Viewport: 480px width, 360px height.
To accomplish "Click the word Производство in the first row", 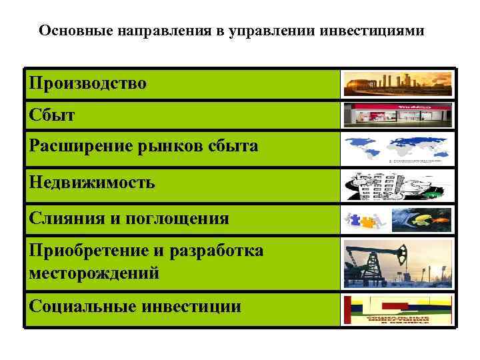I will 87,84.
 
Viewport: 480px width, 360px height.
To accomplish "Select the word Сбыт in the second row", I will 52,115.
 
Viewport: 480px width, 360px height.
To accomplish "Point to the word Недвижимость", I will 92,182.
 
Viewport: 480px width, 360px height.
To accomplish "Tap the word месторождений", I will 94,273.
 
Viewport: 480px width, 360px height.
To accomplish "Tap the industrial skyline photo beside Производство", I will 397,84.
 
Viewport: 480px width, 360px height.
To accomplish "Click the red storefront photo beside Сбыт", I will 397,115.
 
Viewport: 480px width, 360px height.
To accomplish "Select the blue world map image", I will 397,149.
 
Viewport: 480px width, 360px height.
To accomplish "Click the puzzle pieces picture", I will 364,218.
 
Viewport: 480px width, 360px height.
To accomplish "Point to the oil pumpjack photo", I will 397,264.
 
